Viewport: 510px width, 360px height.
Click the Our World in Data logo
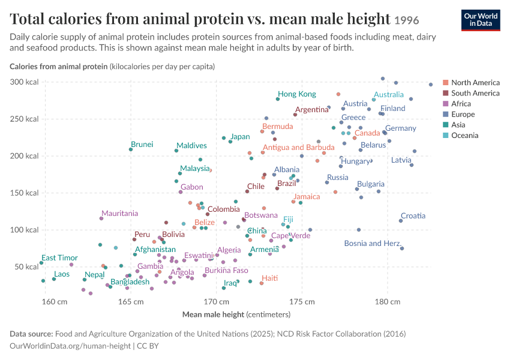pyautogui.click(x=481, y=20)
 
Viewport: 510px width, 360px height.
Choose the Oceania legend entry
pyautogui.click(x=461, y=135)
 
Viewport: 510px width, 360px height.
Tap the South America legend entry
pyautogui.click(x=471, y=93)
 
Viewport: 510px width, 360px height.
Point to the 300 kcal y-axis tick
pyautogui.click(x=24, y=82)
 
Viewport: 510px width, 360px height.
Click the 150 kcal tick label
pyautogui.click(x=24, y=193)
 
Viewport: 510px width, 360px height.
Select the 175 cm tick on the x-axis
pyautogui.click(x=302, y=302)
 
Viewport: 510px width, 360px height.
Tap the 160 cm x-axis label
pyautogui.click(x=55, y=302)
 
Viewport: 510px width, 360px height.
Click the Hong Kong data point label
pyautogui.click(x=297, y=94)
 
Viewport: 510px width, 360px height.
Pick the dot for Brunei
pyautogui.click(x=131, y=149)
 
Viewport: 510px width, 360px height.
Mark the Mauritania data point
pyautogui.click(x=101, y=218)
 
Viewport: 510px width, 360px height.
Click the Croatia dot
pyautogui.click(x=401, y=221)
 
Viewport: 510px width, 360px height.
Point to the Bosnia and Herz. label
pyautogui.click(x=373, y=243)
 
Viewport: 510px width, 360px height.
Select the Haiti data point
pyautogui.click(x=262, y=283)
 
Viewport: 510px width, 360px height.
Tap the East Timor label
pyautogui.click(x=59, y=258)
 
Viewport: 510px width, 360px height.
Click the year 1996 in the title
pyautogui.click(x=407, y=20)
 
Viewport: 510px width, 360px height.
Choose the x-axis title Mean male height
pyautogui.click(x=213, y=314)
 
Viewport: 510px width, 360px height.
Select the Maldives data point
pyautogui.click(x=176, y=151)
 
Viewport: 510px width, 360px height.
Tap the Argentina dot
pyautogui.click(x=295, y=115)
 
